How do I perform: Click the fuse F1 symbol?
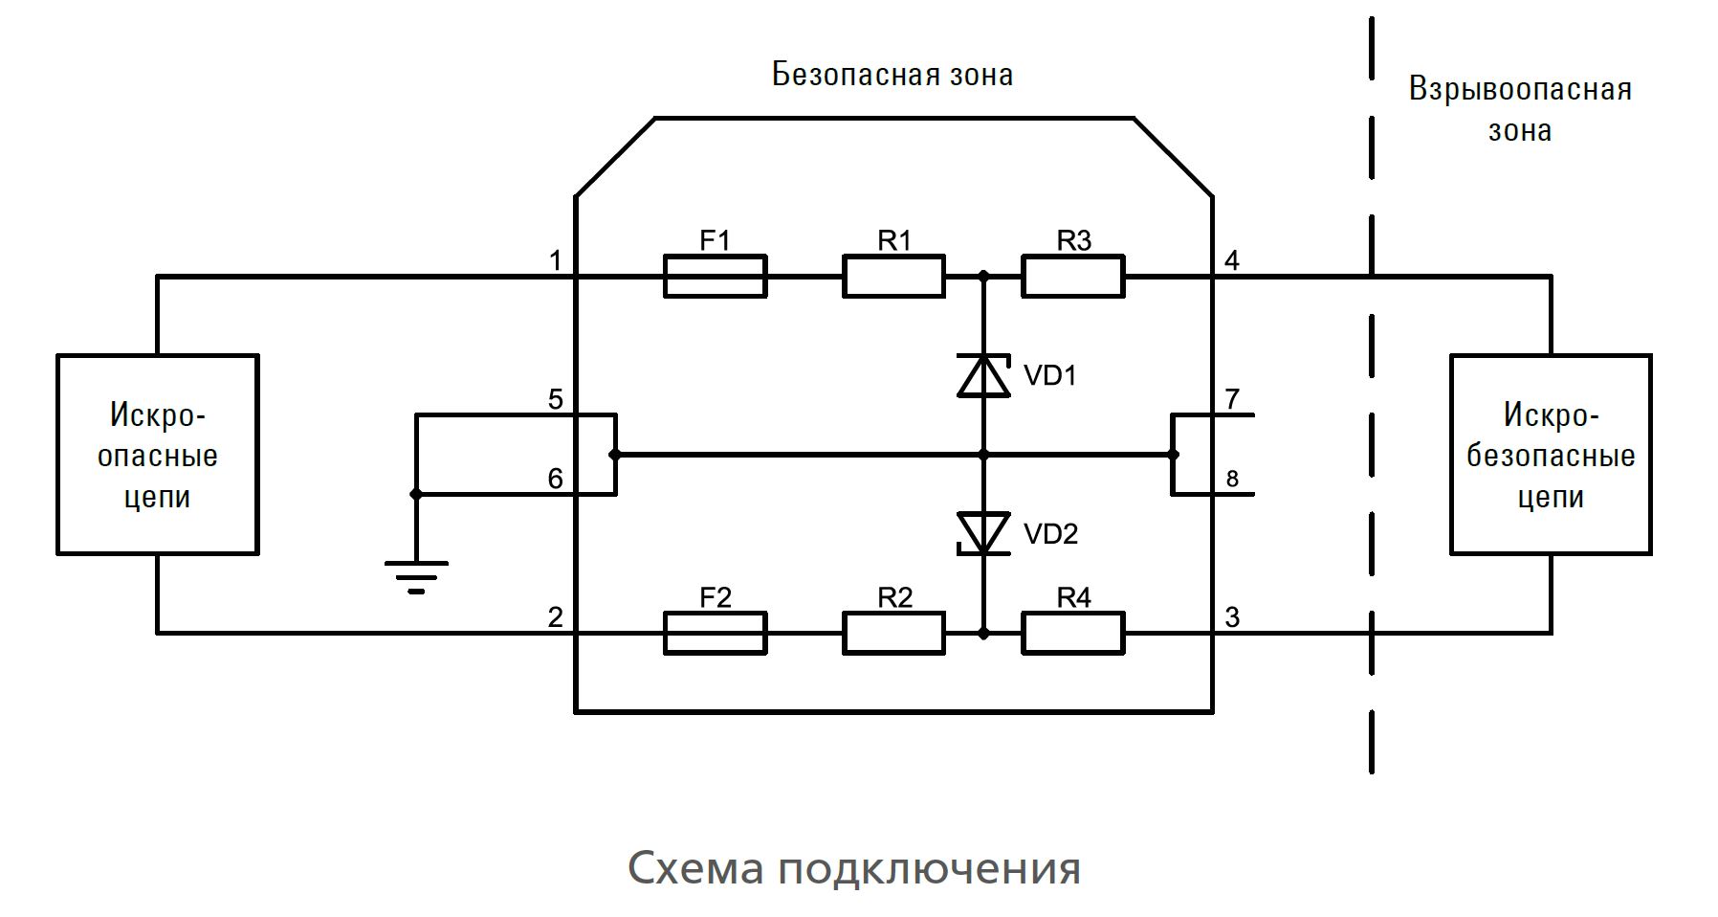[715, 277]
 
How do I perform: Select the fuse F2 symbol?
[715, 633]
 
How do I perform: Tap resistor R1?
[893, 277]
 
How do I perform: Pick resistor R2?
[893, 633]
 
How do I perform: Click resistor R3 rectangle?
[1072, 277]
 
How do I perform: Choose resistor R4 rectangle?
[1072, 633]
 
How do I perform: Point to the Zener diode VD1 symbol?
[983, 375]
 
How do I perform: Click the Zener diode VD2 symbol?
[983, 533]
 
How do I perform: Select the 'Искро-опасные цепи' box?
[158, 455]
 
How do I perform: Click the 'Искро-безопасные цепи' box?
[1551, 455]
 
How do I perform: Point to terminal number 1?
[556, 260]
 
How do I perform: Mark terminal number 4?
[1232, 260]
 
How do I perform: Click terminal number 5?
[556, 399]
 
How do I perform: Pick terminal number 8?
[1232, 479]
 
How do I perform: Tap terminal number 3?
[1232, 617]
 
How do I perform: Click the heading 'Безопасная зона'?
[892, 75]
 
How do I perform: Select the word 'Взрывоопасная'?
[1520, 90]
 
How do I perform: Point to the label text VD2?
[1050, 534]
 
